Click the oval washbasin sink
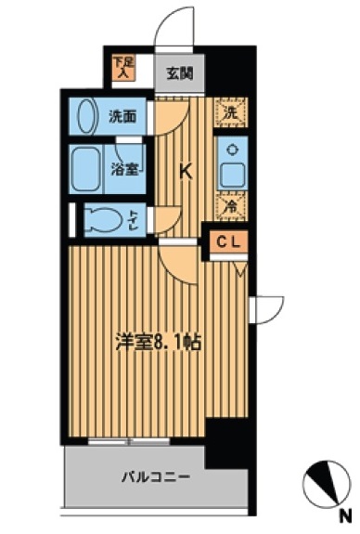click(x=84, y=118)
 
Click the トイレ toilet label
click(x=136, y=220)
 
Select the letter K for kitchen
click(x=185, y=170)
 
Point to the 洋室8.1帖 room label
click(x=157, y=340)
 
